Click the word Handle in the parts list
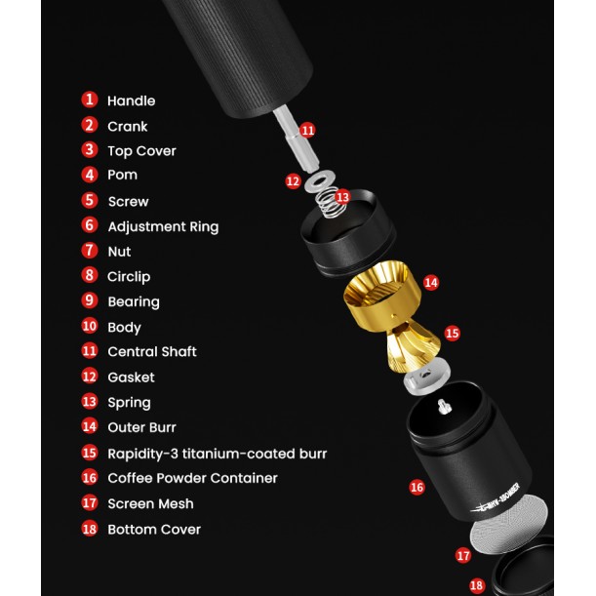coord(131,100)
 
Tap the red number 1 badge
coord(90,99)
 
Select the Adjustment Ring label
coord(163,226)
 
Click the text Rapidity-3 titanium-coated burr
coord(217,453)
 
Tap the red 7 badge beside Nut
coord(90,251)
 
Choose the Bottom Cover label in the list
coord(153,529)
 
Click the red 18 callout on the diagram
coord(476,585)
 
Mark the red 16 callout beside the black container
coord(417,487)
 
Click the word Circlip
coord(129,276)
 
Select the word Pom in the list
coord(122,175)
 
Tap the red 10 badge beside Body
coord(90,327)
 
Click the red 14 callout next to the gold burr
coord(430,282)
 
